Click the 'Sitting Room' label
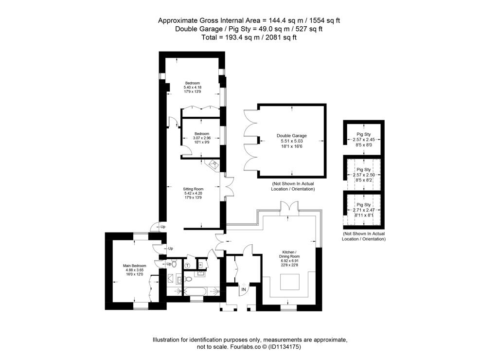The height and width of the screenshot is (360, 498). point(193,189)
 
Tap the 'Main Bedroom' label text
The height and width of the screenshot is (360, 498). point(135,266)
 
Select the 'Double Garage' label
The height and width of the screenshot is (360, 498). point(292,136)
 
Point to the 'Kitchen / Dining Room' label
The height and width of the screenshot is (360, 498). point(289,254)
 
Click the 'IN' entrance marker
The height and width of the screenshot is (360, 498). point(244,289)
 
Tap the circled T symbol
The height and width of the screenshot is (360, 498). point(187,265)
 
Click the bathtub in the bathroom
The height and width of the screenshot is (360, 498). point(195,291)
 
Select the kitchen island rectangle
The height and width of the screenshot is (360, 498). point(290,282)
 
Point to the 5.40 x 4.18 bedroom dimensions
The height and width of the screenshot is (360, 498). point(193,88)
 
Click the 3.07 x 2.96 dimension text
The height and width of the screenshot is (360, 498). point(202,138)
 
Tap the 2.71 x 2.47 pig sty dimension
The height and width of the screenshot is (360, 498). point(364,210)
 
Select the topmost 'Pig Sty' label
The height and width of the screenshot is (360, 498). point(364,134)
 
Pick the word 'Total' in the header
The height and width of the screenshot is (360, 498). point(209,37)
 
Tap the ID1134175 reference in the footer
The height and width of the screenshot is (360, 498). point(285,347)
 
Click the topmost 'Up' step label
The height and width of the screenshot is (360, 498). point(163,227)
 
